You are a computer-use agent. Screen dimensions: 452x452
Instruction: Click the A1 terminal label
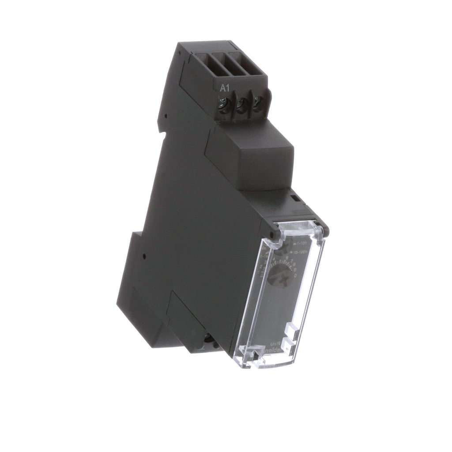click(x=225, y=88)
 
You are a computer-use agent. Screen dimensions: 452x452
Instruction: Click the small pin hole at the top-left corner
click(x=181, y=51)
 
